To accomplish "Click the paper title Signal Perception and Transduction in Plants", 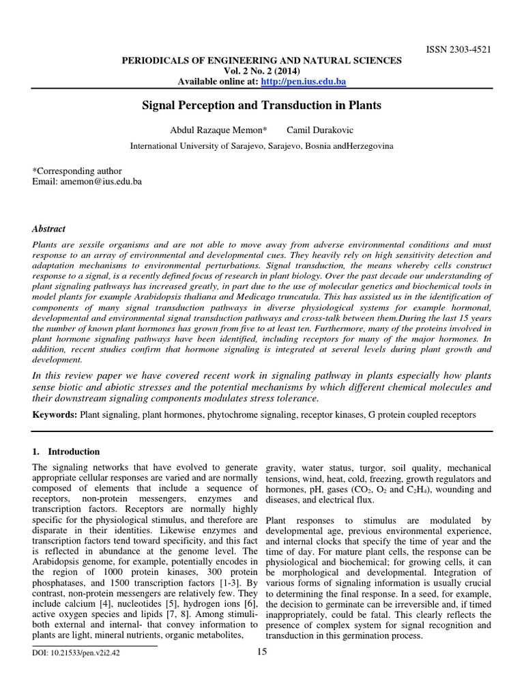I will [x=261, y=106].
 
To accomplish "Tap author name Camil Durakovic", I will [x=321, y=130].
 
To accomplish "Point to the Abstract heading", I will [x=49, y=229].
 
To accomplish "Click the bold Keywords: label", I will [x=55, y=414].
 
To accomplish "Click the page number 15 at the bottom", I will [x=261, y=652].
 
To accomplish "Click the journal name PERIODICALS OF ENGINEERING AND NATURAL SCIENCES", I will [x=261, y=61].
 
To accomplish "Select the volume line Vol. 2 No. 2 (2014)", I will [x=261, y=71].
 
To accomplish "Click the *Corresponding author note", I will [x=77, y=171].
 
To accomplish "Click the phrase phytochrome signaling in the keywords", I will [x=262, y=414].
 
